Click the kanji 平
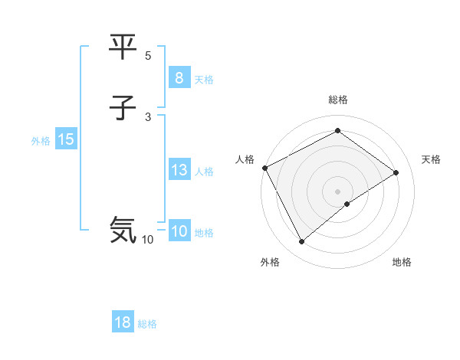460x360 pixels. (123, 47)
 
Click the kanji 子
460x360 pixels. (123, 108)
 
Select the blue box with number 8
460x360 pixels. (179, 77)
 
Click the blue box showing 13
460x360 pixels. (179, 170)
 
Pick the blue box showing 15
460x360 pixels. (66, 139)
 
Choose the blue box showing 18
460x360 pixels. (123, 322)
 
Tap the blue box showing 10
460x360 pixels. (179, 231)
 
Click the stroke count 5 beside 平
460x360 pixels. (148, 56)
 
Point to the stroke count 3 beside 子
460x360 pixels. (148, 116)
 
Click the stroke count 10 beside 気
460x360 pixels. (147, 240)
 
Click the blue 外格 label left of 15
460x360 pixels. (41, 141)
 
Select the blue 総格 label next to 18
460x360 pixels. (147, 324)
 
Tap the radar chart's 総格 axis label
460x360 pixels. (338, 100)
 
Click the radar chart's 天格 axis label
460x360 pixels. (431, 159)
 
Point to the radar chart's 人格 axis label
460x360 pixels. (245, 159)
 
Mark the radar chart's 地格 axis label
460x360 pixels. (402, 262)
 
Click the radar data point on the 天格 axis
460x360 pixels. (396, 172)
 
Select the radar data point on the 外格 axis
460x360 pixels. (302, 242)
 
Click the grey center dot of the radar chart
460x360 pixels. (338, 191)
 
